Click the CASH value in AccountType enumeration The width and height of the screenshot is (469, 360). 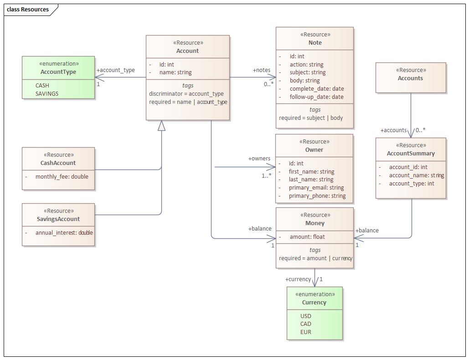[x=42, y=85]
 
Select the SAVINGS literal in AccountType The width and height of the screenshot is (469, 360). [x=47, y=93]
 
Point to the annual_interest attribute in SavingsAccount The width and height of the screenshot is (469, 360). [x=64, y=232]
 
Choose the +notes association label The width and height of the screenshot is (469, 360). [x=262, y=70]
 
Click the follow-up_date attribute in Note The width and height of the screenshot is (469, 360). [x=317, y=97]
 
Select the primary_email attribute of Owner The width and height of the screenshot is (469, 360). [x=316, y=187]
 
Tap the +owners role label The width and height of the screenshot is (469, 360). [x=259, y=159]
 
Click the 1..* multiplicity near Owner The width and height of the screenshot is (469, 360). [x=267, y=176]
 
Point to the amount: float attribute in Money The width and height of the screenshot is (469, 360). [x=307, y=237]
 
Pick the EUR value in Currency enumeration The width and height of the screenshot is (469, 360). [x=306, y=332]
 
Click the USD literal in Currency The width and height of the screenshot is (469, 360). [x=306, y=316]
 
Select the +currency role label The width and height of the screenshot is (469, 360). [x=298, y=279]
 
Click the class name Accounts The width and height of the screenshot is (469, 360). [x=410, y=78]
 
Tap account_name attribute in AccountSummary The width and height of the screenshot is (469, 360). [x=416, y=175]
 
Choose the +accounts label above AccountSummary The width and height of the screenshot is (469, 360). [x=393, y=130]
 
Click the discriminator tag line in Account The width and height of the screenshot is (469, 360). [x=186, y=94]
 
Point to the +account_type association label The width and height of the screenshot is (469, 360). [x=115, y=70]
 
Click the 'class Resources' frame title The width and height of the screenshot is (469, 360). [x=28, y=9]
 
